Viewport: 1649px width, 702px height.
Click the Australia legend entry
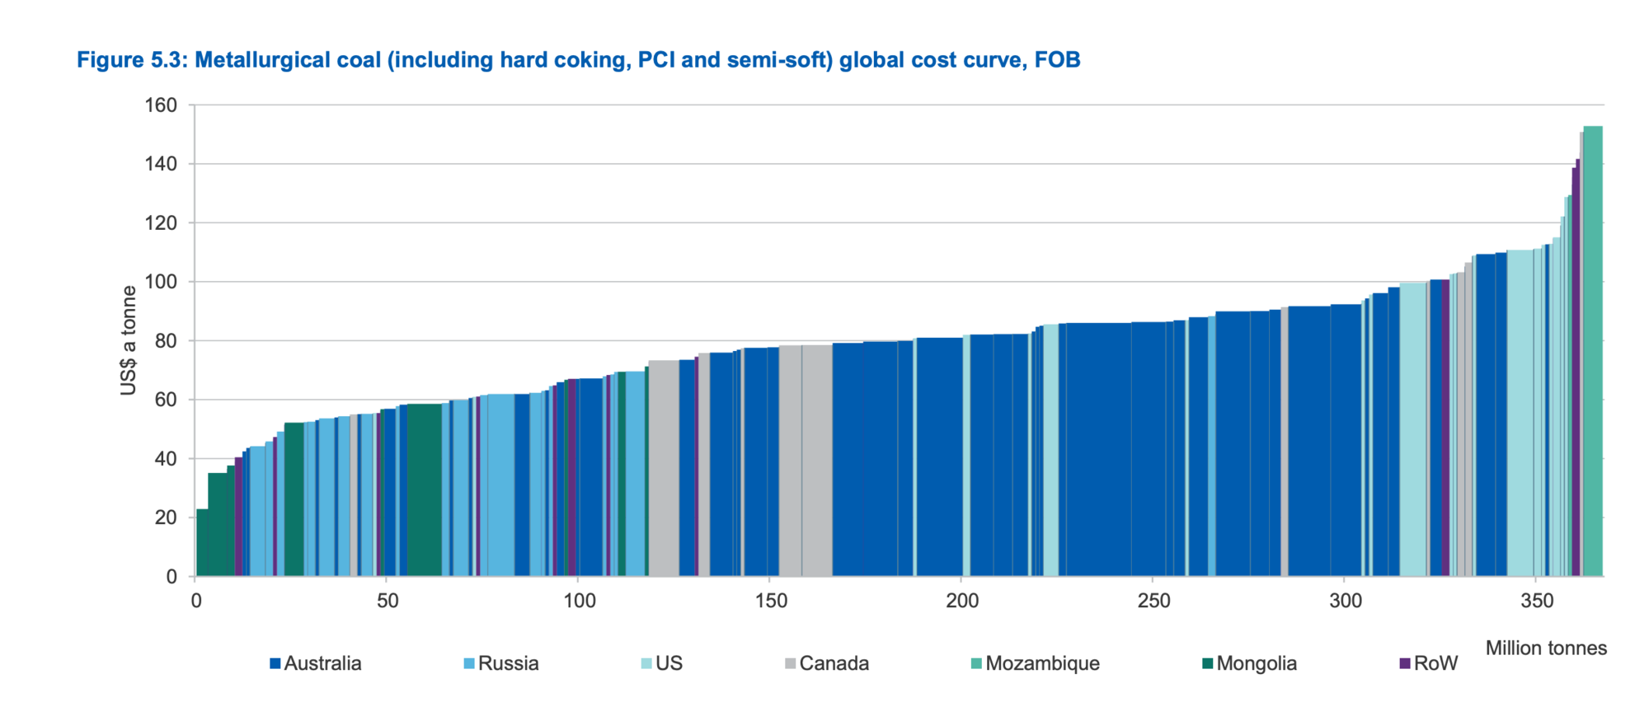click(x=316, y=663)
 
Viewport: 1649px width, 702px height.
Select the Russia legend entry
click(x=501, y=663)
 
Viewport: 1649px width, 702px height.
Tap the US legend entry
click(x=662, y=663)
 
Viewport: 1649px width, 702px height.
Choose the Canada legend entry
click(x=827, y=663)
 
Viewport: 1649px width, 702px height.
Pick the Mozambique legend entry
click(x=1036, y=663)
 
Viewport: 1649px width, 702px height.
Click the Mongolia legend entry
click(x=1250, y=663)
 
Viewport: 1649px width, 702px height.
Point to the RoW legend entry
click(x=1429, y=663)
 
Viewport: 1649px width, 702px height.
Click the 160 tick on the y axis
click(x=161, y=105)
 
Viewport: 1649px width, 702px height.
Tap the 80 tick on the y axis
click(x=166, y=341)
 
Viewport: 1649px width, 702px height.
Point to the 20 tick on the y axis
click(x=166, y=517)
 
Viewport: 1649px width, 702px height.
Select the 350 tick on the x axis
click(x=1536, y=601)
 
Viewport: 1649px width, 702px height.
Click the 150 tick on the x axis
click(x=770, y=601)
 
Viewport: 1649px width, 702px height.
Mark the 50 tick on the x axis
click(x=388, y=601)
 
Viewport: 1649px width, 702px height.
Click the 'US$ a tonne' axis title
click(x=129, y=340)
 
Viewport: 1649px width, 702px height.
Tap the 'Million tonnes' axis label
click(x=1546, y=648)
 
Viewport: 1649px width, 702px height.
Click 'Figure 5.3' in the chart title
click(x=132, y=60)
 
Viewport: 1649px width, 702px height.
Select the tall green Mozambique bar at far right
click(x=1593, y=351)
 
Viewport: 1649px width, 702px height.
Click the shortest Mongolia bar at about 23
click(x=202, y=543)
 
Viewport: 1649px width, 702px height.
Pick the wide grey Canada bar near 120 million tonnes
click(x=664, y=468)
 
